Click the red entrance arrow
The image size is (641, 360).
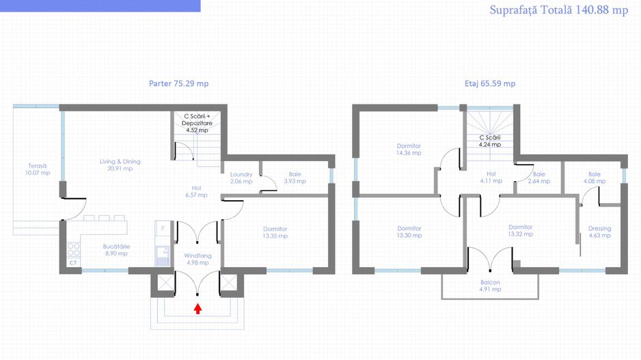click(198, 309)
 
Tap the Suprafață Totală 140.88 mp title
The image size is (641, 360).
click(559, 10)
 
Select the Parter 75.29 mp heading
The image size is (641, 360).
click(178, 83)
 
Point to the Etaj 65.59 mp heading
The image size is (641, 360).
click(490, 83)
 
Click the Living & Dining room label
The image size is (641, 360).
click(120, 165)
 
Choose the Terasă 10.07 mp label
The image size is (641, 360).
click(38, 169)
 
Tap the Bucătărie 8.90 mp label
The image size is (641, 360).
click(116, 249)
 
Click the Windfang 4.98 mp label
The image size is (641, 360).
click(198, 259)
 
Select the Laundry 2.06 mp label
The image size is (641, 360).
click(241, 178)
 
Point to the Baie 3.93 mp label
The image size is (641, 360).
click(295, 178)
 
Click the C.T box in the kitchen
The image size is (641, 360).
click(73, 262)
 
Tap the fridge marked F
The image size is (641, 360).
click(163, 228)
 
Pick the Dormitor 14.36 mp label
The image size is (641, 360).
click(409, 149)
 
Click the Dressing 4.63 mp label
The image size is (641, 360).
click(600, 232)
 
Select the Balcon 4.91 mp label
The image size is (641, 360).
click(490, 286)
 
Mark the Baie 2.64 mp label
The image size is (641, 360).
click(538, 178)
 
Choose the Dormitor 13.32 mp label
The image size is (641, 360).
click(521, 230)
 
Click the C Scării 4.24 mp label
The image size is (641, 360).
click(490, 141)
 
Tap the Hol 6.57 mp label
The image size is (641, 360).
click(196, 191)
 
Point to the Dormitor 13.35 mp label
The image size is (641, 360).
click(275, 232)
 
